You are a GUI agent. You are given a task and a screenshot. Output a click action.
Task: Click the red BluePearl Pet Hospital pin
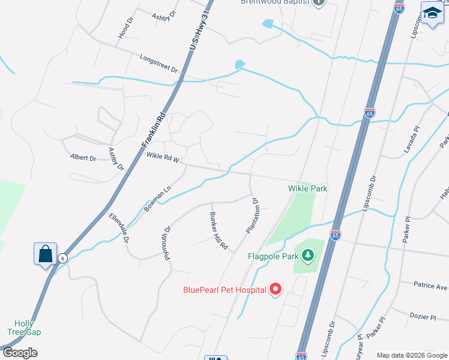pyautogui.click(x=276, y=289)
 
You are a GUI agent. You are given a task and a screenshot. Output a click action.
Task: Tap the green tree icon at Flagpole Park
pyautogui.click(x=309, y=256)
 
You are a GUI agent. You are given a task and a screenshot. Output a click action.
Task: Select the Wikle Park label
pyautogui.click(x=308, y=188)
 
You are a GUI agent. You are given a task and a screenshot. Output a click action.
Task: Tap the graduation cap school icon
pyautogui.click(x=431, y=14)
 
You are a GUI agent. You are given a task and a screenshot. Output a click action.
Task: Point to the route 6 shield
pyautogui.click(x=62, y=258)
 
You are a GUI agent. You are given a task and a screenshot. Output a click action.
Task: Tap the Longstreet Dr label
pyautogui.click(x=158, y=64)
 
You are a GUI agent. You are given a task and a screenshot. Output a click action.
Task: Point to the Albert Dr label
pyautogui.click(x=83, y=158)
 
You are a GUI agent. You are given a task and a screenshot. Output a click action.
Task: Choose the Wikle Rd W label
pyautogui.click(x=163, y=159)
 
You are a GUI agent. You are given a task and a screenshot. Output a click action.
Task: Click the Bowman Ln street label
pyautogui.click(x=157, y=198)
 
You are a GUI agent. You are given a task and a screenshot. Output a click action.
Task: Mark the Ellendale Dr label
pyautogui.click(x=119, y=227)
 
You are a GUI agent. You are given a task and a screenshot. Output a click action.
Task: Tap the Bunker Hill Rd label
pyautogui.click(x=219, y=230)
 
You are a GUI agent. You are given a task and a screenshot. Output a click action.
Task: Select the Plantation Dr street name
pyautogui.click(x=253, y=216)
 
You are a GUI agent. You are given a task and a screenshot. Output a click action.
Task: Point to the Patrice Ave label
pyautogui.click(x=431, y=286)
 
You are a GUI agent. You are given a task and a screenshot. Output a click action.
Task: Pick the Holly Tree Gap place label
pyautogui.click(x=24, y=327)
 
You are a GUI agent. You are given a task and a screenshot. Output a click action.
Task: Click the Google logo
pyautogui.click(x=20, y=353)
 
